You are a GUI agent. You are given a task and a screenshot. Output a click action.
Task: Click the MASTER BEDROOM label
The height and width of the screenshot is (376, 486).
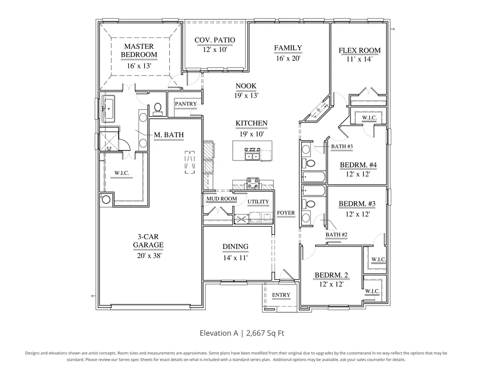(x=139, y=51)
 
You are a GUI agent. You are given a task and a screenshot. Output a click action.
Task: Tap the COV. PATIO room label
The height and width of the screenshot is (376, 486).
(x=215, y=40)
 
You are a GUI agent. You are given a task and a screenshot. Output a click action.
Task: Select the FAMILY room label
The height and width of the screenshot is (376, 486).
(x=288, y=48)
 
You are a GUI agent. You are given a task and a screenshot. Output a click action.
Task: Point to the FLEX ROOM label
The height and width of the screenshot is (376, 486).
(x=360, y=50)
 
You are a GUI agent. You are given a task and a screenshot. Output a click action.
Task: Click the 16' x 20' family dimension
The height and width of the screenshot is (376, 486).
(x=288, y=58)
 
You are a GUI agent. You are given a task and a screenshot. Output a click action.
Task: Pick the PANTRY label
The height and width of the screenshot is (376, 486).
(x=186, y=104)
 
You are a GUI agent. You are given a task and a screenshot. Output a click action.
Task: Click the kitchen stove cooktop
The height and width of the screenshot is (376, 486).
(x=253, y=183)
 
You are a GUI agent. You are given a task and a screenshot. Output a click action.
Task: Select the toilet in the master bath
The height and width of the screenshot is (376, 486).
(x=158, y=108)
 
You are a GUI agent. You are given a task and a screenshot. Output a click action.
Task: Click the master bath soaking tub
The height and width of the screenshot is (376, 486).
(x=108, y=108)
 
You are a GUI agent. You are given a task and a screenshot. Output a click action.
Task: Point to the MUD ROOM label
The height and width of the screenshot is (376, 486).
(x=222, y=199)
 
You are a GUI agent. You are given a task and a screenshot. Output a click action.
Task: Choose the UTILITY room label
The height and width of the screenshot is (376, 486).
(x=258, y=202)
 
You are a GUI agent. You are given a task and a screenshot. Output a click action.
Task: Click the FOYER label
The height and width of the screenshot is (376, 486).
(x=286, y=213)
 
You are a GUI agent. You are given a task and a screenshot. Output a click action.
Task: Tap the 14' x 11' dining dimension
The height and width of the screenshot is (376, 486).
(x=236, y=257)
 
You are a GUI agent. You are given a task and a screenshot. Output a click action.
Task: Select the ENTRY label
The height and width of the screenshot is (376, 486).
(x=281, y=295)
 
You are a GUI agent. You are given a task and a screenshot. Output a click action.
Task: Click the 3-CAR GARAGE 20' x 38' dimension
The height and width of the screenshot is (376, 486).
(x=149, y=256)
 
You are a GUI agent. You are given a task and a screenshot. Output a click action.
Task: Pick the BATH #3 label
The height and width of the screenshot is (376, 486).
(x=342, y=146)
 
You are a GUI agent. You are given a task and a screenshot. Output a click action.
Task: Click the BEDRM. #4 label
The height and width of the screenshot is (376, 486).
(x=358, y=165)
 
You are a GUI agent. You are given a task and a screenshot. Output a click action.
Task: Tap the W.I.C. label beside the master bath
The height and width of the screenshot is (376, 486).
(x=121, y=173)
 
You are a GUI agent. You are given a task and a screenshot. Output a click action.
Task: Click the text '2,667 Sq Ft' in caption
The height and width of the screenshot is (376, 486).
(x=265, y=333)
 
